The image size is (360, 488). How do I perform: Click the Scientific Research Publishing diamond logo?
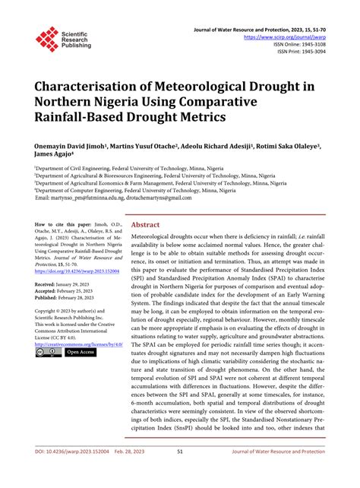point(47,39)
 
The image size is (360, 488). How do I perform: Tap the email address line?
point(114,198)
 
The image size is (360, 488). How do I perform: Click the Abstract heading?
point(146,226)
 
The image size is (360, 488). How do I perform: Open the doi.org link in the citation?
point(75,271)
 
